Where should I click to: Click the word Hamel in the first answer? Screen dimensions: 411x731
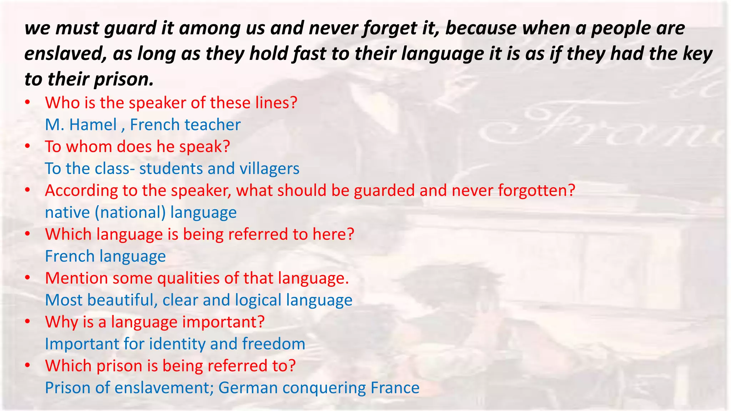pos(93,125)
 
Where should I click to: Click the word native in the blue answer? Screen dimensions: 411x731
pos(67,213)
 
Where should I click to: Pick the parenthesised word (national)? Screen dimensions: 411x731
pos(130,213)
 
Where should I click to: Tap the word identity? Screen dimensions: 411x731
pos(177,344)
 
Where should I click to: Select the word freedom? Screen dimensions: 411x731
pos(273,344)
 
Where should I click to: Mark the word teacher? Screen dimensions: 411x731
pos(212,125)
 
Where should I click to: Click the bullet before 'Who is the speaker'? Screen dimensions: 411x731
pos(27,103)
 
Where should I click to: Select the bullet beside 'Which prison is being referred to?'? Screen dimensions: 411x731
pos(27,366)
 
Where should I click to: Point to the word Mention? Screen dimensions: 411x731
pos(76,278)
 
